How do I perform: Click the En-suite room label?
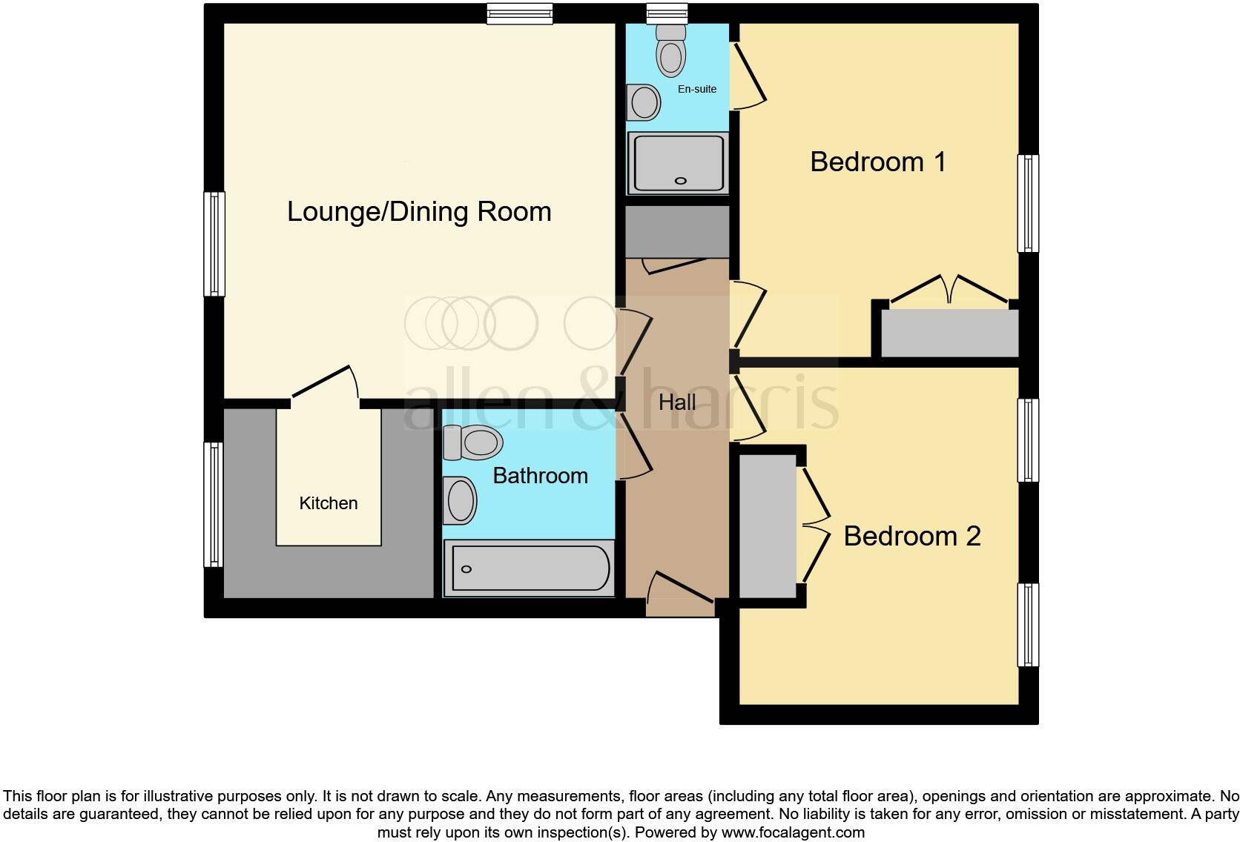point(697,89)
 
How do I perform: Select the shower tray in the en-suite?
point(678,162)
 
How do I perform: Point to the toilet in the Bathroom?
point(472,443)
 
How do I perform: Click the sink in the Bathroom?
point(460,500)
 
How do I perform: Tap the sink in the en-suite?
point(644,102)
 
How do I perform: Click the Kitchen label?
point(329,503)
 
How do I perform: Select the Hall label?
point(677,402)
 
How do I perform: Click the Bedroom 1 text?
point(878,162)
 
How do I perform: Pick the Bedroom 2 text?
point(911,536)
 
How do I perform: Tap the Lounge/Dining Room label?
point(419,212)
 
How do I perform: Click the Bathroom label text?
point(540,476)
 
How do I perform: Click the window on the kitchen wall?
point(214,504)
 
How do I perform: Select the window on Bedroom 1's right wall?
point(1028,202)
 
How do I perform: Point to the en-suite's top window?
point(667,13)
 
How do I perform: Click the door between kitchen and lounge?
point(324,384)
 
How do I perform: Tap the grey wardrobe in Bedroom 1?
point(949,333)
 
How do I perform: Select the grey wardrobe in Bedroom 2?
point(768,526)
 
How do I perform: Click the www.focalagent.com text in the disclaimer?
point(793,832)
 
